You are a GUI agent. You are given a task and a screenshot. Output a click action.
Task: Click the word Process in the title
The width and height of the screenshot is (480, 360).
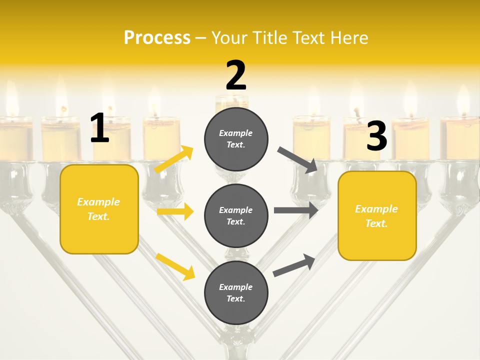tap(157, 37)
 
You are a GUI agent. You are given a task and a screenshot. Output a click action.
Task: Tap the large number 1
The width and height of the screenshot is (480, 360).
tap(99, 128)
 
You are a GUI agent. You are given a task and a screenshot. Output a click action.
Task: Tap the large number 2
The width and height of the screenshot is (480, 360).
tap(236, 76)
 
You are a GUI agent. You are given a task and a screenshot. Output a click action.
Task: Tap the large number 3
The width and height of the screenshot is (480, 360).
tap(376, 136)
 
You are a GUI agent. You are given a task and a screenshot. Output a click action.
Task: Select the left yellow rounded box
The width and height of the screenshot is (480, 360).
tap(99, 209)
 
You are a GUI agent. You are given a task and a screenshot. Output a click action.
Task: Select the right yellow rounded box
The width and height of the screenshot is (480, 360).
tap(377, 216)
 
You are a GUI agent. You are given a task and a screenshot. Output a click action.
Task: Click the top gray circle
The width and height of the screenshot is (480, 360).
tap(236, 139)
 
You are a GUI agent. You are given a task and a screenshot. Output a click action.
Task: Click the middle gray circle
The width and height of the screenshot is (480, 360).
tap(236, 215)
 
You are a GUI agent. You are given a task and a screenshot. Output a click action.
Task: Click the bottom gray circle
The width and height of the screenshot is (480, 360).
tap(236, 292)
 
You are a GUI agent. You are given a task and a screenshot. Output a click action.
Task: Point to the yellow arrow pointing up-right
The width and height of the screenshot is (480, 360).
tap(174, 160)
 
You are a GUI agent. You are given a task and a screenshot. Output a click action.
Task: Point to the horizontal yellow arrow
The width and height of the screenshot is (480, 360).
tap(175, 212)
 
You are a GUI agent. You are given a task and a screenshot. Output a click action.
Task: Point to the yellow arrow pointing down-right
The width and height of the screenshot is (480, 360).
tap(175, 266)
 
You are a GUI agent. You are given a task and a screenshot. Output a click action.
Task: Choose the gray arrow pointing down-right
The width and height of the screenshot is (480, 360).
tap(297, 160)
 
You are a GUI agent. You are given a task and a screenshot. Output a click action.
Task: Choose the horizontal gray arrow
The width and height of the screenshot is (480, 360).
tap(296, 210)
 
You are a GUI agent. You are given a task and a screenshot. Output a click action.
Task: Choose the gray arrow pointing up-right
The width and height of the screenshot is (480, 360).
tap(294, 265)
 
